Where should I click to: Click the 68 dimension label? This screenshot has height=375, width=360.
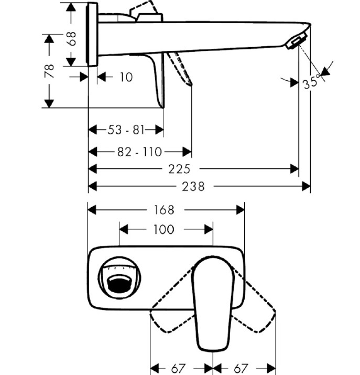(x=72, y=38)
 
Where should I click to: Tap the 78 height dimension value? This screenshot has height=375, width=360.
(x=49, y=71)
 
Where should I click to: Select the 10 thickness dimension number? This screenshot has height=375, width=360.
(x=126, y=77)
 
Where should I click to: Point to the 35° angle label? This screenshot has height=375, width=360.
(x=311, y=82)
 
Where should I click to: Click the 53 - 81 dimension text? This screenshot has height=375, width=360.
(x=126, y=130)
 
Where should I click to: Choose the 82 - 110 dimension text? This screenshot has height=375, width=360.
(x=140, y=152)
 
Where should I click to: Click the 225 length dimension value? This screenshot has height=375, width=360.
(x=179, y=169)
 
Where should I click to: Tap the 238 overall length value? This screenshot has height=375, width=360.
(x=193, y=187)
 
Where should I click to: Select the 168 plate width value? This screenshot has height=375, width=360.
(x=164, y=210)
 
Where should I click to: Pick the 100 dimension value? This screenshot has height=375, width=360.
(x=164, y=230)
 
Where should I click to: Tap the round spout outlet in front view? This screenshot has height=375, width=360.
(x=119, y=277)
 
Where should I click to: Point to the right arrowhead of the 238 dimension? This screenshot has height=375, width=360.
(x=306, y=186)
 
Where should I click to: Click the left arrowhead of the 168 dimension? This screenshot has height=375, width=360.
(x=92, y=210)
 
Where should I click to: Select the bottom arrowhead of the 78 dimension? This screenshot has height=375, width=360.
(x=49, y=103)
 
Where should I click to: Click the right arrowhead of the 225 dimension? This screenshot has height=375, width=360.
(x=294, y=169)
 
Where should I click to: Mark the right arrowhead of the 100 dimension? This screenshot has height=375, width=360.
(x=209, y=229)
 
